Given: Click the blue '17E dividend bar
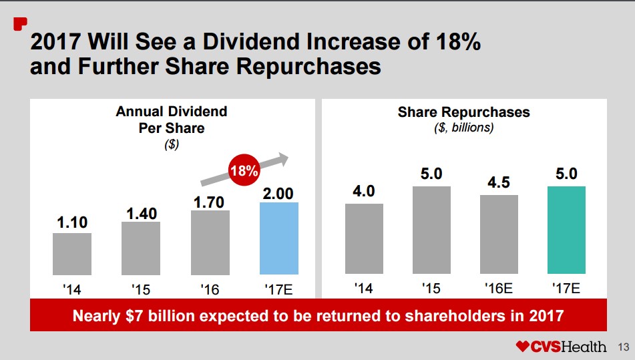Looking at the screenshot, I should coord(278,238).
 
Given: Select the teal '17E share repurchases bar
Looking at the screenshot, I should coord(566,230).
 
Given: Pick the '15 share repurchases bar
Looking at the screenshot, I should coord(431,230).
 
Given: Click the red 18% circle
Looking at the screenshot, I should coord(244,170).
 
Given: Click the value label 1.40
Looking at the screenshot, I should coord(141,213).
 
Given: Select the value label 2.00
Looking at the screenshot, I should coord(278,194).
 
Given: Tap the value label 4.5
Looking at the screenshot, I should coord(499,183).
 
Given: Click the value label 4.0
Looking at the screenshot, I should coord(364,191).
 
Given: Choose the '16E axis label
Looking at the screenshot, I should coord(499,289).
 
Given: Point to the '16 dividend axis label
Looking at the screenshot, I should coord(210,291).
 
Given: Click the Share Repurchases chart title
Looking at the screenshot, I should coord(463,112).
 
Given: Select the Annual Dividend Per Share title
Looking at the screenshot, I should coord(172,119).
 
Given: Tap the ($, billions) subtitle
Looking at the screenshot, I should coord(463,128).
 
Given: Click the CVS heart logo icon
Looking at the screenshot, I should coord(522,347).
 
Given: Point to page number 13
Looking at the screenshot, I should coord(624,347).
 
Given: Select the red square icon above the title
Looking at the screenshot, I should coord(20,24).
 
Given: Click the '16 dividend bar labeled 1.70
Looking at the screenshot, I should coord(210,242).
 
